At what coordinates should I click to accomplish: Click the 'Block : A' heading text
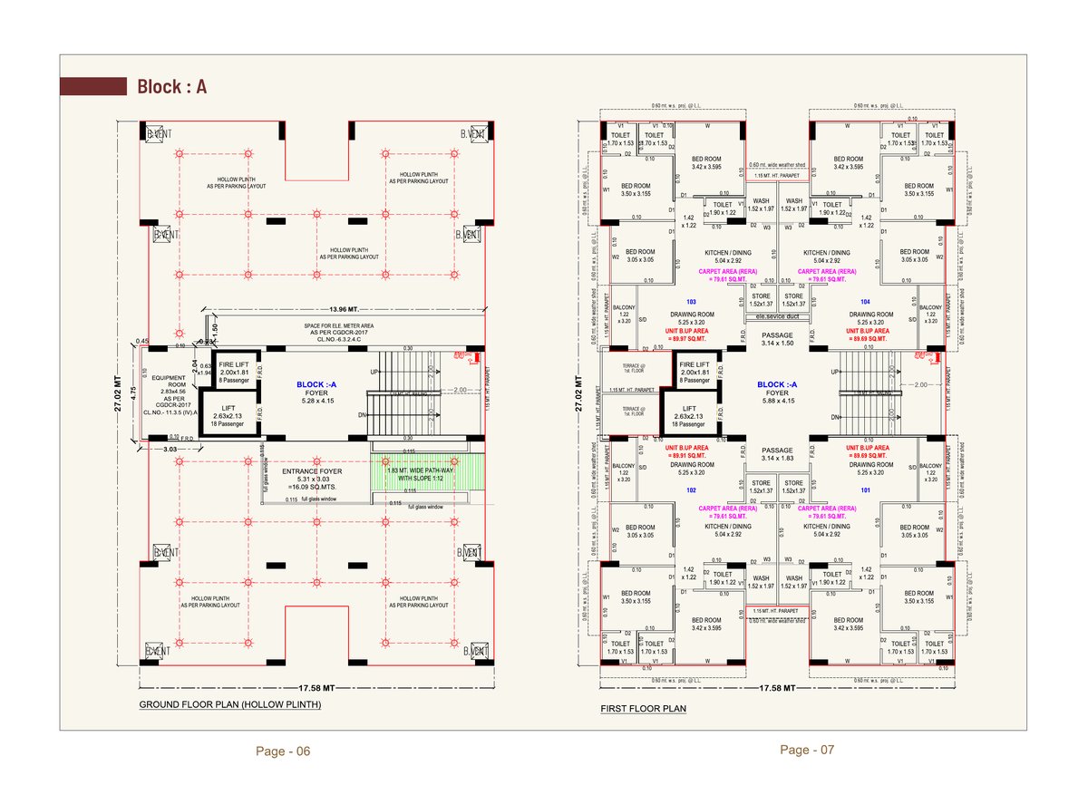[x=172, y=87]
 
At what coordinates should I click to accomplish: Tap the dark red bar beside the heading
[x=92, y=87]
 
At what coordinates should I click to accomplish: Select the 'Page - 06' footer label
[x=283, y=751]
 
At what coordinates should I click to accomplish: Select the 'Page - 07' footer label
[x=807, y=750]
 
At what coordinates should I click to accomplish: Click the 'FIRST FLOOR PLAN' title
[x=643, y=709]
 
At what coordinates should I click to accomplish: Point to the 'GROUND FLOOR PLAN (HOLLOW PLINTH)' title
[x=229, y=704]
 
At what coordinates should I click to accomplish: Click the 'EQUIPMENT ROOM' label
[x=169, y=383]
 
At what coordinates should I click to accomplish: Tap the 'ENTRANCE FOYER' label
[x=312, y=472]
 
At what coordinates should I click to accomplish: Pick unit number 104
[x=863, y=300]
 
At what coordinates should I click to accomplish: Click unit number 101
[x=863, y=489]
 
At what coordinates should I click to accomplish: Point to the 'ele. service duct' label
[x=776, y=318]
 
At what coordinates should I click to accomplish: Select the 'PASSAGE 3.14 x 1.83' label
[x=776, y=454]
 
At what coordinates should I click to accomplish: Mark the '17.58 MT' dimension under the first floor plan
[x=776, y=688]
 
